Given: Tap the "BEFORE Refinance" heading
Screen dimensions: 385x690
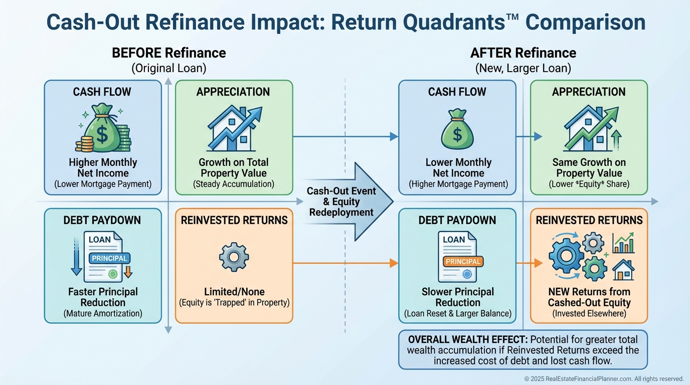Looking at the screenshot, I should [x=168, y=53].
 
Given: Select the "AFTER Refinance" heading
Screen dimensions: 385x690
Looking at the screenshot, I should [x=523, y=53].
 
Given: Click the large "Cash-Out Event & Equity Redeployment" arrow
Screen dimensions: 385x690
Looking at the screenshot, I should [x=346, y=202].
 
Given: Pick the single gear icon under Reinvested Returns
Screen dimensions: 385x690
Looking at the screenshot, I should [x=234, y=257].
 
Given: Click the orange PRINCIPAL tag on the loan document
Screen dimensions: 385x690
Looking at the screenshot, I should [x=462, y=261].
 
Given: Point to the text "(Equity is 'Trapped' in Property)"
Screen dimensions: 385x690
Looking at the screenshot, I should [x=234, y=303].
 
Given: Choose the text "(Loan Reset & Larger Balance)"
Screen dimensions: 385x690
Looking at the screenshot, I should [x=457, y=314].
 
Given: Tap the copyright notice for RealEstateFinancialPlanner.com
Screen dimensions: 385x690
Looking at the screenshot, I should [x=604, y=379].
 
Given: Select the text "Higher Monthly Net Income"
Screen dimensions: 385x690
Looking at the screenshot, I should [x=103, y=168].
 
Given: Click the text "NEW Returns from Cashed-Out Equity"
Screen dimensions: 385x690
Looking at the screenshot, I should [x=589, y=297].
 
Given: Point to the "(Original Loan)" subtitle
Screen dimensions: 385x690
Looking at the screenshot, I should [x=168, y=68].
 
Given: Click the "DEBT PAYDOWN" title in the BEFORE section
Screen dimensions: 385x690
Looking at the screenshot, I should [x=103, y=220].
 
